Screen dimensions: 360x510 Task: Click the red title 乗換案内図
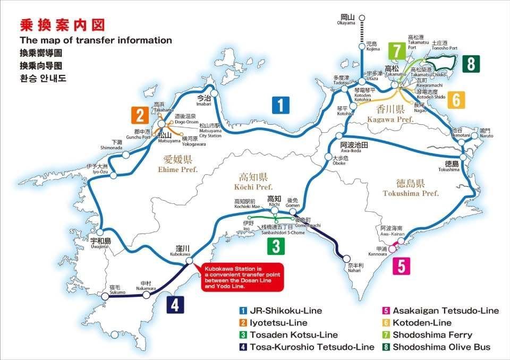[x=62, y=25]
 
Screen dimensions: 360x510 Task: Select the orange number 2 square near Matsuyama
[x=139, y=115]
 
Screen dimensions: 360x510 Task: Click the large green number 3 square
[x=276, y=246]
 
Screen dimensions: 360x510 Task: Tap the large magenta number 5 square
[x=401, y=265]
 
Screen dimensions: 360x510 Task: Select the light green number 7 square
[x=396, y=52]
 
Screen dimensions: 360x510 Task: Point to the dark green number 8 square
[x=471, y=64]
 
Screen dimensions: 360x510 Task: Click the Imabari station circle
[x=215, y=94]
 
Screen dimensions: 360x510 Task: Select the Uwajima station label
[x=100, y=243]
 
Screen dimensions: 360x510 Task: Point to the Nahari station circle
[x=346, y=259]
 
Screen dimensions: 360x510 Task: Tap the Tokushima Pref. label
[x=411, y=188]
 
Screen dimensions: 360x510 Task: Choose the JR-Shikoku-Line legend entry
[x=282, y=311]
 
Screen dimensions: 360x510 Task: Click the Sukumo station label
[x=117, y=289]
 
